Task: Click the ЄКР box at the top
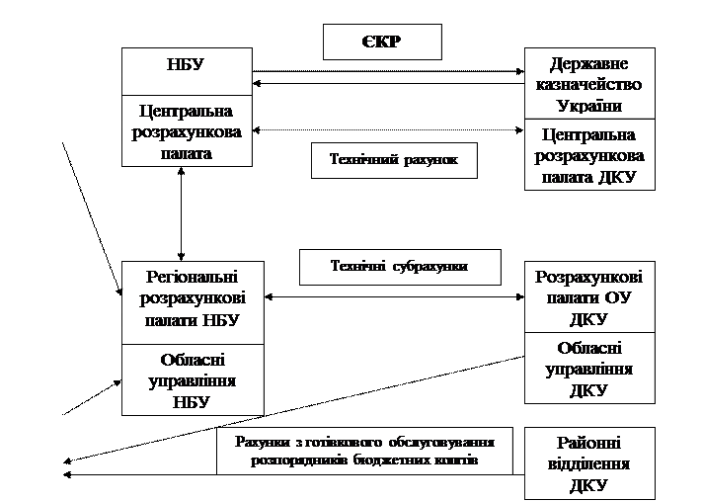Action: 382,42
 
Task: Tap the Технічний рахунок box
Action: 394,160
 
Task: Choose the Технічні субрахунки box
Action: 399,267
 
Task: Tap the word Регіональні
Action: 192,278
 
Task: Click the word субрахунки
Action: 427,267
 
